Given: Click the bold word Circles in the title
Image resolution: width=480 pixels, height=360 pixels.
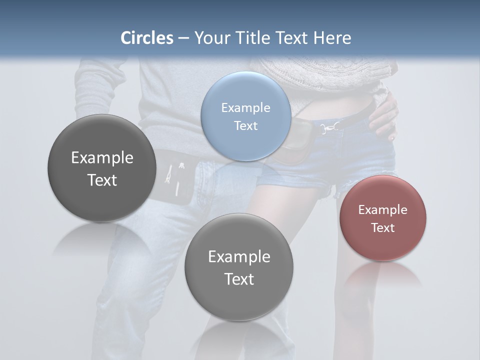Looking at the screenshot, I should click(147, 38).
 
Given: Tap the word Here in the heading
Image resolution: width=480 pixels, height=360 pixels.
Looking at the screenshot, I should click(332, 38).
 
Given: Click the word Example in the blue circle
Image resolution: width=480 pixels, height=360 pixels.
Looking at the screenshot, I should click(245, 107).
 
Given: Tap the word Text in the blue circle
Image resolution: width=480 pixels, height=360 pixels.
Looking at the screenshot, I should click(245, 125).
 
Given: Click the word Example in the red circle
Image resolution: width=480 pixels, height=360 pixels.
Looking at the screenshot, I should click(382, 209).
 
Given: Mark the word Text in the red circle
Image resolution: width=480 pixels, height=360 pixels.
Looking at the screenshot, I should click(382, 227).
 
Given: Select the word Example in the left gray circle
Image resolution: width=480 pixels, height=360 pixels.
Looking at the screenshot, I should click(102, 157).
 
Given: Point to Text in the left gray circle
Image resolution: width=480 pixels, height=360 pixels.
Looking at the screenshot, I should click(102, 180).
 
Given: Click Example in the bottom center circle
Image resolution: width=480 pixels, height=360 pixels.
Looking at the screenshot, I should click(239, 256).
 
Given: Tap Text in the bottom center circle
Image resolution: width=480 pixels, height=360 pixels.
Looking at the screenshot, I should click(239, 279).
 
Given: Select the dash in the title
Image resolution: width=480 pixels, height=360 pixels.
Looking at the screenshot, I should click(183, 38).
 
